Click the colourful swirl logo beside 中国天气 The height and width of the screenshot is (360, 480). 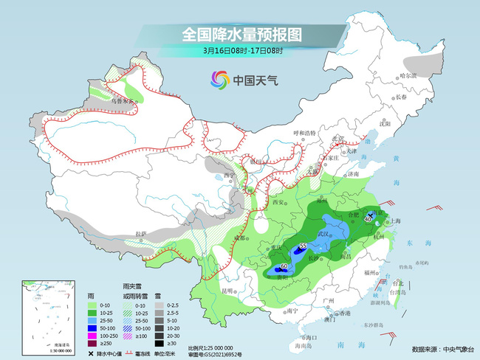pyautogui.click(x=219, y=79)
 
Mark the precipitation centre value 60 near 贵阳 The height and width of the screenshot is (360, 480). pyautogui.click(x=284, y=266)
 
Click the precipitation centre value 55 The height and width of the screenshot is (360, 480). pyautogui.click(x=303, y=246)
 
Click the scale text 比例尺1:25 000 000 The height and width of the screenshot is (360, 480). pyautogui.click(x=210, y=347)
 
